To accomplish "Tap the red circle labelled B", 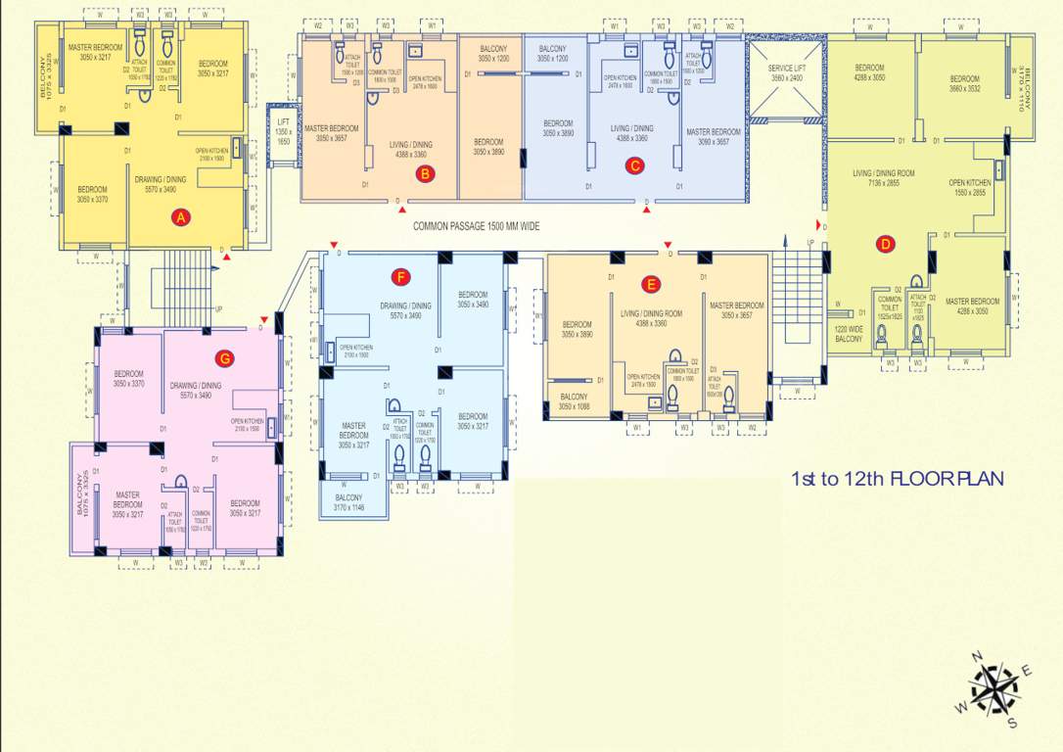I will (x=424, y=174).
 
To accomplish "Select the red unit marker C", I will (x=634, y=165).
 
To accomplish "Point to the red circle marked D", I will (x=885, y=245).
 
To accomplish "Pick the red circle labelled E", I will (x=651, y=284).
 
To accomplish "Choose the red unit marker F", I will (x=399, y=277).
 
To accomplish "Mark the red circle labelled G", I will (x=225, y=358).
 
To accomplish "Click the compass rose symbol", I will (x=994, y=688).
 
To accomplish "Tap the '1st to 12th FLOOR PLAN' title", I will (x=898, y=479).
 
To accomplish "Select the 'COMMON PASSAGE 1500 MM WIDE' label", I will (x=476, y=226).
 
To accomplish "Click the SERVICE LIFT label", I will (x=786, y=72).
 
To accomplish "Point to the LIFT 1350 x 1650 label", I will (x=284, y=131).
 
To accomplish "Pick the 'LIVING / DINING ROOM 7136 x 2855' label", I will (x=884, y=177).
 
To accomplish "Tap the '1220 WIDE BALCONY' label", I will (x=849, y=334).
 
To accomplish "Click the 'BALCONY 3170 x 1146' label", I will (x=348, y=502).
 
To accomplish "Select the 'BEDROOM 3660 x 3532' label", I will (x=963, y=83).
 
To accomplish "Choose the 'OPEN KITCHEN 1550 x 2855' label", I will (x=969, y=187).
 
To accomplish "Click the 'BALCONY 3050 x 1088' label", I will (x=573, y=401).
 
